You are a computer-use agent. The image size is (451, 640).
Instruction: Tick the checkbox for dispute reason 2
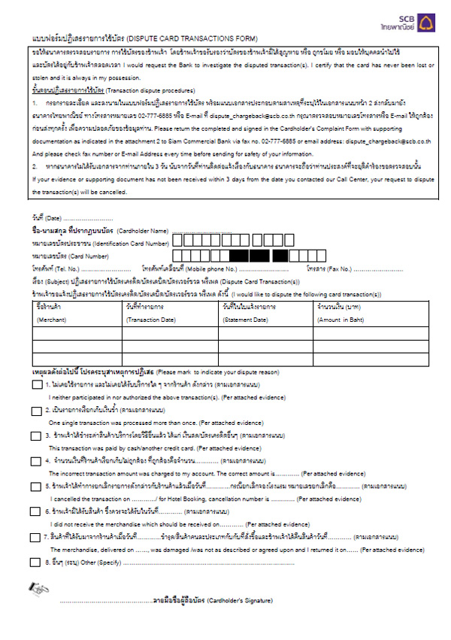pos(36,411)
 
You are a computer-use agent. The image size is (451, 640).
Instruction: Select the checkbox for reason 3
pos(36,436)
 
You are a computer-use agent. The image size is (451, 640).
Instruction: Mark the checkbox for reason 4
pos(36,462)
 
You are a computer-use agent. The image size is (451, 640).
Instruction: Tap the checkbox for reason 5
pos(36,487)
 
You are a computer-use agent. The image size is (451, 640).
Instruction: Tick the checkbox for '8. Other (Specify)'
pos(36,562)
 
